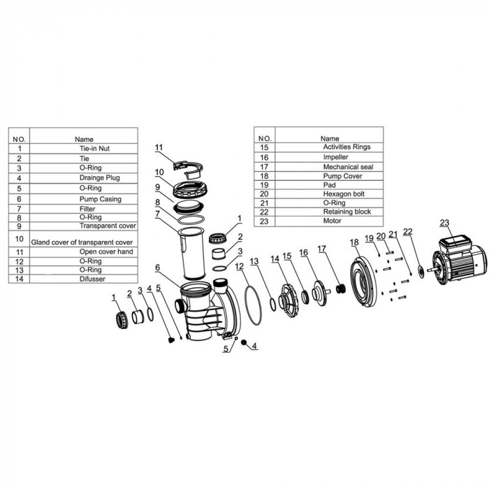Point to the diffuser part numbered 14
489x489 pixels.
coord(289,300)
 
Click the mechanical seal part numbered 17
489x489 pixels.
coord(341,289)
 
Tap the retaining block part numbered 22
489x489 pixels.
coord(421,272)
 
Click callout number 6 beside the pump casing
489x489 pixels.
coord(157,268)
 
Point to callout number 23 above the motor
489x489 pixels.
coord(444,223)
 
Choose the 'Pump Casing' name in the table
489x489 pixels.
coord(100,199)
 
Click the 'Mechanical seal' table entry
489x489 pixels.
coord(348,167)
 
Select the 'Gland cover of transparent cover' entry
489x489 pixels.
coord(82,242)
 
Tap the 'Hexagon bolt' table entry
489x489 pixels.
coord(344,194)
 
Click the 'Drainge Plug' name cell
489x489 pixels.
coord(99,177)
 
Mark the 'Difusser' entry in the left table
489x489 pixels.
coord(92,279)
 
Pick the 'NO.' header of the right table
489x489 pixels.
coord(265,138)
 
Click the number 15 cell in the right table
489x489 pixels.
coord(264,147)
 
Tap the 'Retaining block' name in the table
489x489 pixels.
coord(346,212)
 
